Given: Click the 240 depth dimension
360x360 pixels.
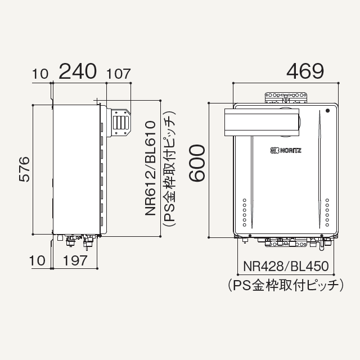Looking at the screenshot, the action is point(78,71).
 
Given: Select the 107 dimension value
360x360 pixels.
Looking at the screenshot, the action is point(119,74).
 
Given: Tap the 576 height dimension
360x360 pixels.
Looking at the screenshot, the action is point(24,169).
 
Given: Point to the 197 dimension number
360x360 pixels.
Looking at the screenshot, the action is point(75,260).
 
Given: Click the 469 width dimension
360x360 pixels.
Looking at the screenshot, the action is point(305,71).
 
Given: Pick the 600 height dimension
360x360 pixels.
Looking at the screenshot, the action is point(197,163).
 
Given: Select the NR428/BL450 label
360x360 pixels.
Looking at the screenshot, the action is point(286,266).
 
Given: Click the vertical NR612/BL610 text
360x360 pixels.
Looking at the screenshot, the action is point(150,168).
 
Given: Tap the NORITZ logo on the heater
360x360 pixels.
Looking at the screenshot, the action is point(286,151).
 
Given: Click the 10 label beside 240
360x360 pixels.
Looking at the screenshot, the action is point(40,74).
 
